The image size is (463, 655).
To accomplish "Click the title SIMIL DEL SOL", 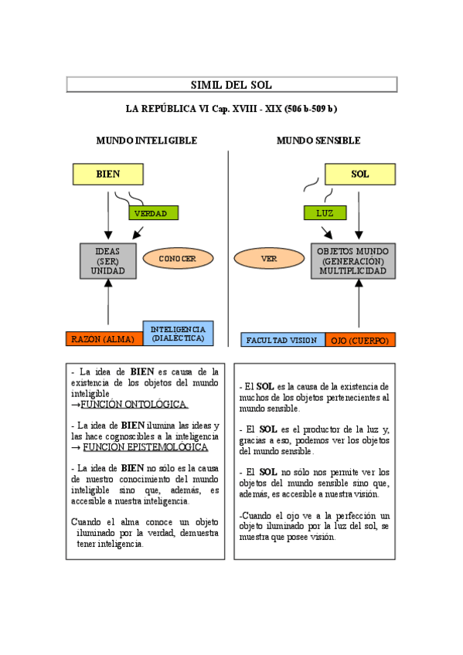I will point(231,85).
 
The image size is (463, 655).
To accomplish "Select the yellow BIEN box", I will point(108,174).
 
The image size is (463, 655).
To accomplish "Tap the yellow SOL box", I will point(359,174).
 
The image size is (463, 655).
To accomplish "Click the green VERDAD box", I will point(153,212).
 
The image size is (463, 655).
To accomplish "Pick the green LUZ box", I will point(324,212).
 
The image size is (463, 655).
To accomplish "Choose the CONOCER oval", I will point(177,259).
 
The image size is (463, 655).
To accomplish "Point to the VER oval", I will point(269,259).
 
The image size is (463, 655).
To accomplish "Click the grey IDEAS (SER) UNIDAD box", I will point(108,261).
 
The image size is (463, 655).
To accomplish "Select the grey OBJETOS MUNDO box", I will point(353,261).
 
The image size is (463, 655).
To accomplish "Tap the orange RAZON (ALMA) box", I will point(104,339).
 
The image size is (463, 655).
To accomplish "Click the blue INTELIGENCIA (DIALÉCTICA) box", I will point(178,334).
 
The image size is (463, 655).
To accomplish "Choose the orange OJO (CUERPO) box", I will point(359,339).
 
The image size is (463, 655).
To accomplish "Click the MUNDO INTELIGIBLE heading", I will point(146,141).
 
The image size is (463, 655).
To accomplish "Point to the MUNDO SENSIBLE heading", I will point(318,141).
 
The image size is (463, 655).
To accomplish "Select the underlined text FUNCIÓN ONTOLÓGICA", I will point(134,404).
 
